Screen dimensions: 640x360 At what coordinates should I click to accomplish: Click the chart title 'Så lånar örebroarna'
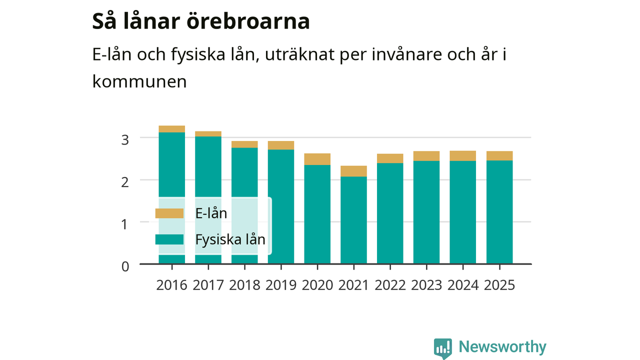(x=201, y=21)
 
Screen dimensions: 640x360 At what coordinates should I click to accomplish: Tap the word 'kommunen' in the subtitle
(x=139, y=81)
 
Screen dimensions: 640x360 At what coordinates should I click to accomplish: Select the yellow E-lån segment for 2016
(x=171, y=129)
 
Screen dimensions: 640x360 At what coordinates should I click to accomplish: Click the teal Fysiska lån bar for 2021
(x=353, y=220)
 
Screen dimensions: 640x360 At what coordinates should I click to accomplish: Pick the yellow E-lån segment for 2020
(x=317, y=159)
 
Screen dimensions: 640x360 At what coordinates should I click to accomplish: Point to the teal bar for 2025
(x=499, y=212)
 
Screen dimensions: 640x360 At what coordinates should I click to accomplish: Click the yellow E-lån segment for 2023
(x=426, y=156)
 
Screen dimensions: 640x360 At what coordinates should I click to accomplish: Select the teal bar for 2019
(x=281, y=206)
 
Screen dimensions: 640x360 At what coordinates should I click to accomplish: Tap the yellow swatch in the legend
(x=169, y=213)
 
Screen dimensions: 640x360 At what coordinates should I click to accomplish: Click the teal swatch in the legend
(x=169, y=239)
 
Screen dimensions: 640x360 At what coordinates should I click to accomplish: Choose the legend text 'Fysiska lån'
(x=230, y=239)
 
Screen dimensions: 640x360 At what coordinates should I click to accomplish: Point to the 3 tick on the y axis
(x=125, y=140)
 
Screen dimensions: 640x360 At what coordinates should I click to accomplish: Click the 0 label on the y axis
(x=125, y=266)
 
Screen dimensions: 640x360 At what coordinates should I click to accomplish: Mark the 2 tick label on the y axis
(x=125, y=182)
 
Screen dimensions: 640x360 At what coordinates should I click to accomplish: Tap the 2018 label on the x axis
(x=244, y=285)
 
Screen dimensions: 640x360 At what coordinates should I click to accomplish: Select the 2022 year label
(x=390, y=285)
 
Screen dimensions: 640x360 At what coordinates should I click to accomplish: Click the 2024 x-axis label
(x=463, y=285)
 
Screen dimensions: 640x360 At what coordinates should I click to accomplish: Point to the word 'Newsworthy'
(x=502, y=346)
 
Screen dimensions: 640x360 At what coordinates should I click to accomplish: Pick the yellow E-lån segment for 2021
(x=353, y=171)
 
